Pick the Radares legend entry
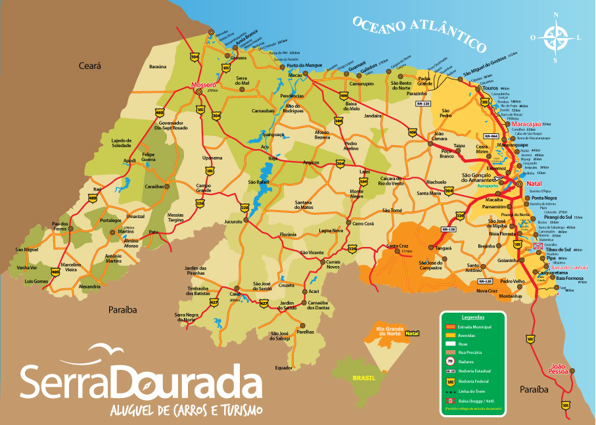pyautogui.click(x=467, y=360)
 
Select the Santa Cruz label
pyautogui.click(x=398, y=246)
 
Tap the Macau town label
pyautogui.click(x=295, y=76)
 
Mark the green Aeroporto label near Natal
pyautogui.click(x=489, y=186)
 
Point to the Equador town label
pyautogui.click(x=284, y=368)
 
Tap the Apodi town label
pyautogui.click(x=129, y=160)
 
